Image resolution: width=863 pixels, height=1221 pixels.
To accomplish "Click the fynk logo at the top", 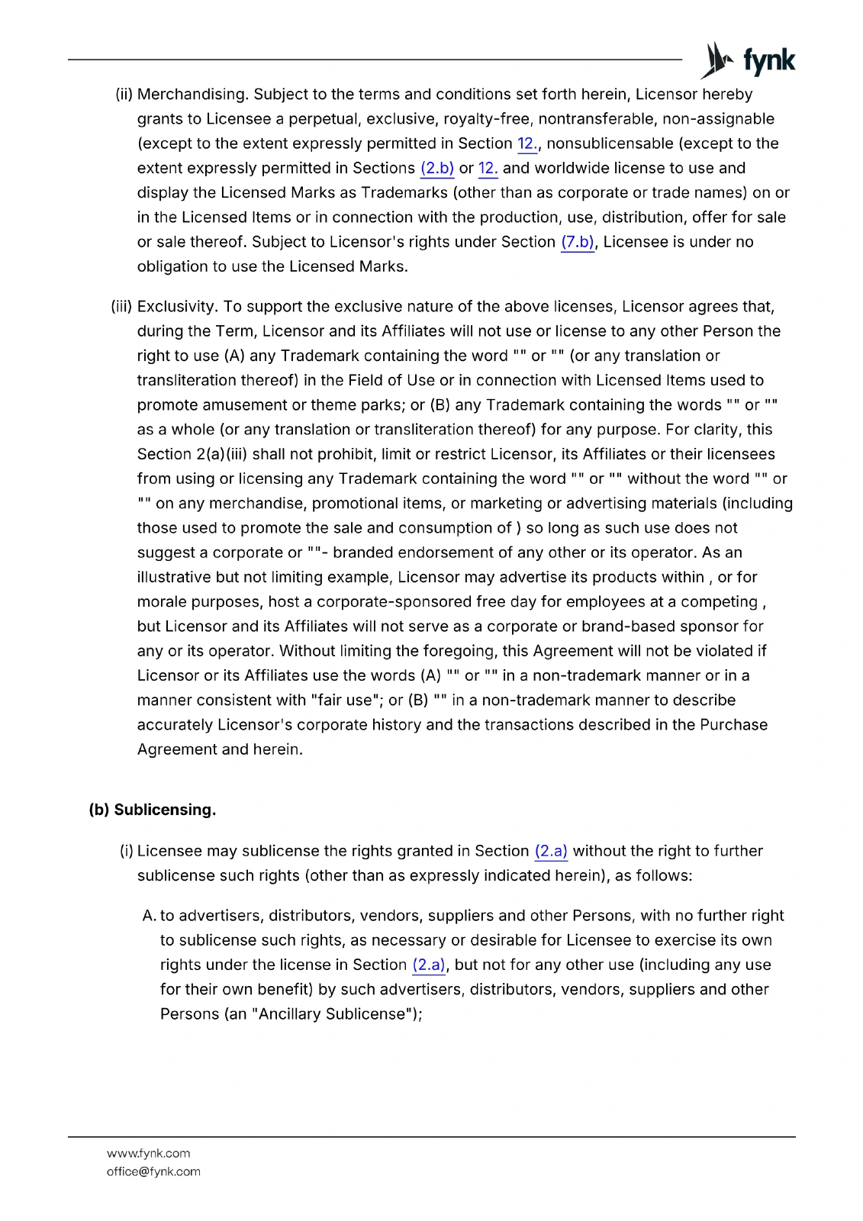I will click(x=748, y=60).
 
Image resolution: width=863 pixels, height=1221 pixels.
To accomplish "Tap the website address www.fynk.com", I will click(x=148, y=1153).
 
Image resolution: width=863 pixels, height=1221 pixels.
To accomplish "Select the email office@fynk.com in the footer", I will click(x=153, y=1171).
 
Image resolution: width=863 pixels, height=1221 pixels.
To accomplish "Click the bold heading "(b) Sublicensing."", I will click(x=153, y=810).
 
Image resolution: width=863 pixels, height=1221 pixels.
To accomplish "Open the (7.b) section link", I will click(x=578, y=242).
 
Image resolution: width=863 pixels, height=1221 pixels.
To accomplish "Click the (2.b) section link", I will click(x=437, y=168).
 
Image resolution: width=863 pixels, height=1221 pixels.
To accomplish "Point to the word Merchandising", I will click(x=192, y=94).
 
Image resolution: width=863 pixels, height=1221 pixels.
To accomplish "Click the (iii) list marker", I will click(x=121, y=307).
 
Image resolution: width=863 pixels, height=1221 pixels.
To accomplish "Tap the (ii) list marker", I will click(x=124, y=94).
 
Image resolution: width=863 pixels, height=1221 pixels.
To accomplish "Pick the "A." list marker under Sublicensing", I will click(x=149, y=916).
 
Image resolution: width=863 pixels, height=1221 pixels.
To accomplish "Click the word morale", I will click(x=162, y=602).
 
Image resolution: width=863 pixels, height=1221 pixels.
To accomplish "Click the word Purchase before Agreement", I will click(x=734, y=725).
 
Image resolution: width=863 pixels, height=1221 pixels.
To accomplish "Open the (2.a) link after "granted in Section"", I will click(x=551, y=851).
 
